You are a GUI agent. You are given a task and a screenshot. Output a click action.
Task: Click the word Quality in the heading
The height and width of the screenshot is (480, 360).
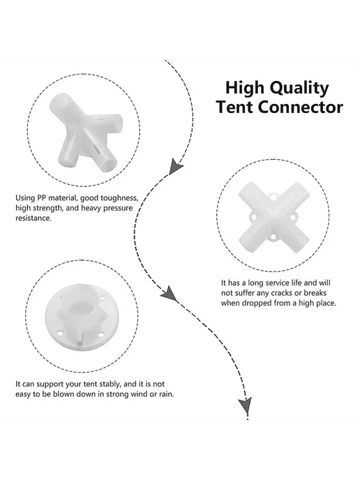(300, 89)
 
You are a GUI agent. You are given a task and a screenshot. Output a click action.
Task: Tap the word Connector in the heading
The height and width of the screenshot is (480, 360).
(300, 107)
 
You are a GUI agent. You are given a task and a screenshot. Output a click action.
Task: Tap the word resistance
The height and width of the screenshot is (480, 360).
(33, 218)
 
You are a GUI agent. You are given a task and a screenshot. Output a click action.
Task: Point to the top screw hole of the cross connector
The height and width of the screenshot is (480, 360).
(273, 197)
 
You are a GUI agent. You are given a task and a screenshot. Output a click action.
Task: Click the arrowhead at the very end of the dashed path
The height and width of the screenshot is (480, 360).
(246, 405)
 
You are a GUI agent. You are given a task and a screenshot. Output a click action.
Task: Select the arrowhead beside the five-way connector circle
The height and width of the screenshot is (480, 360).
(175, 166)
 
